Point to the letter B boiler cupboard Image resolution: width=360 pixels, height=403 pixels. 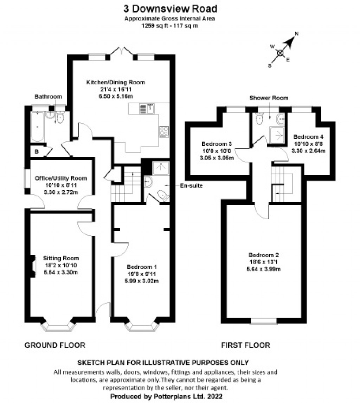36,152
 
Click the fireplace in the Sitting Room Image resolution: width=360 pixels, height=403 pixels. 33,266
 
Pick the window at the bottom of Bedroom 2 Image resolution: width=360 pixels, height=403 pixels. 264,320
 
